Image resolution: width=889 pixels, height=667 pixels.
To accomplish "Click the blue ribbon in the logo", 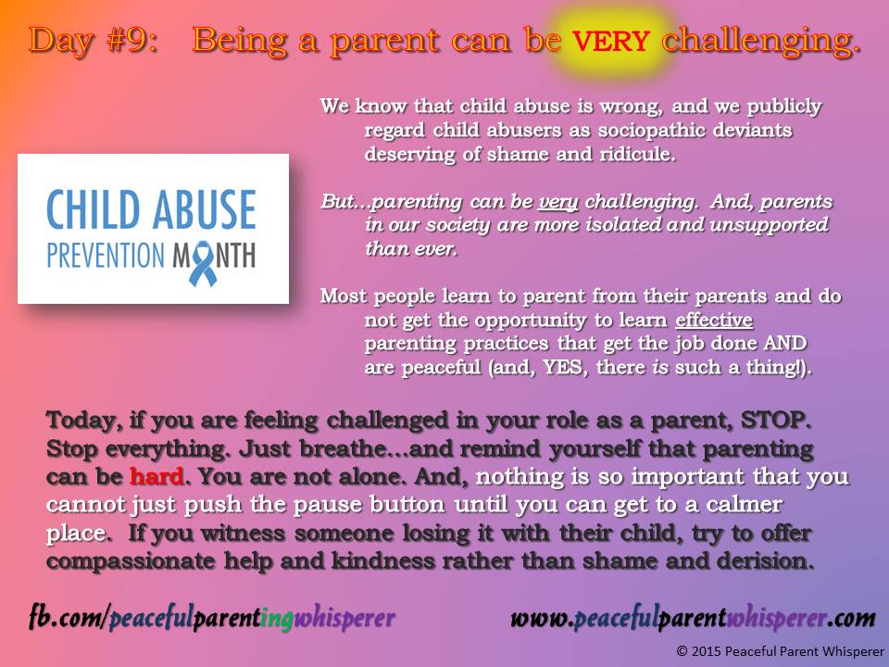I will tap(203, 258).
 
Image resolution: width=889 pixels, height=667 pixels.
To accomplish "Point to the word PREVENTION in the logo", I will tap(109, 256).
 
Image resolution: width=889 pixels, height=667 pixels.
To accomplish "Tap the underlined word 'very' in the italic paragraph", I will tap(553, 202).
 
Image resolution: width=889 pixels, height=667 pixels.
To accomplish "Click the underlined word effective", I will tap(714, 321).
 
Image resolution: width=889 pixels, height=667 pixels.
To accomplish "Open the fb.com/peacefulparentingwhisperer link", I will tap(210, 617).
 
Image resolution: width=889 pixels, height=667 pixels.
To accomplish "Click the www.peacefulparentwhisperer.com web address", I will tap(693, 617).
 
